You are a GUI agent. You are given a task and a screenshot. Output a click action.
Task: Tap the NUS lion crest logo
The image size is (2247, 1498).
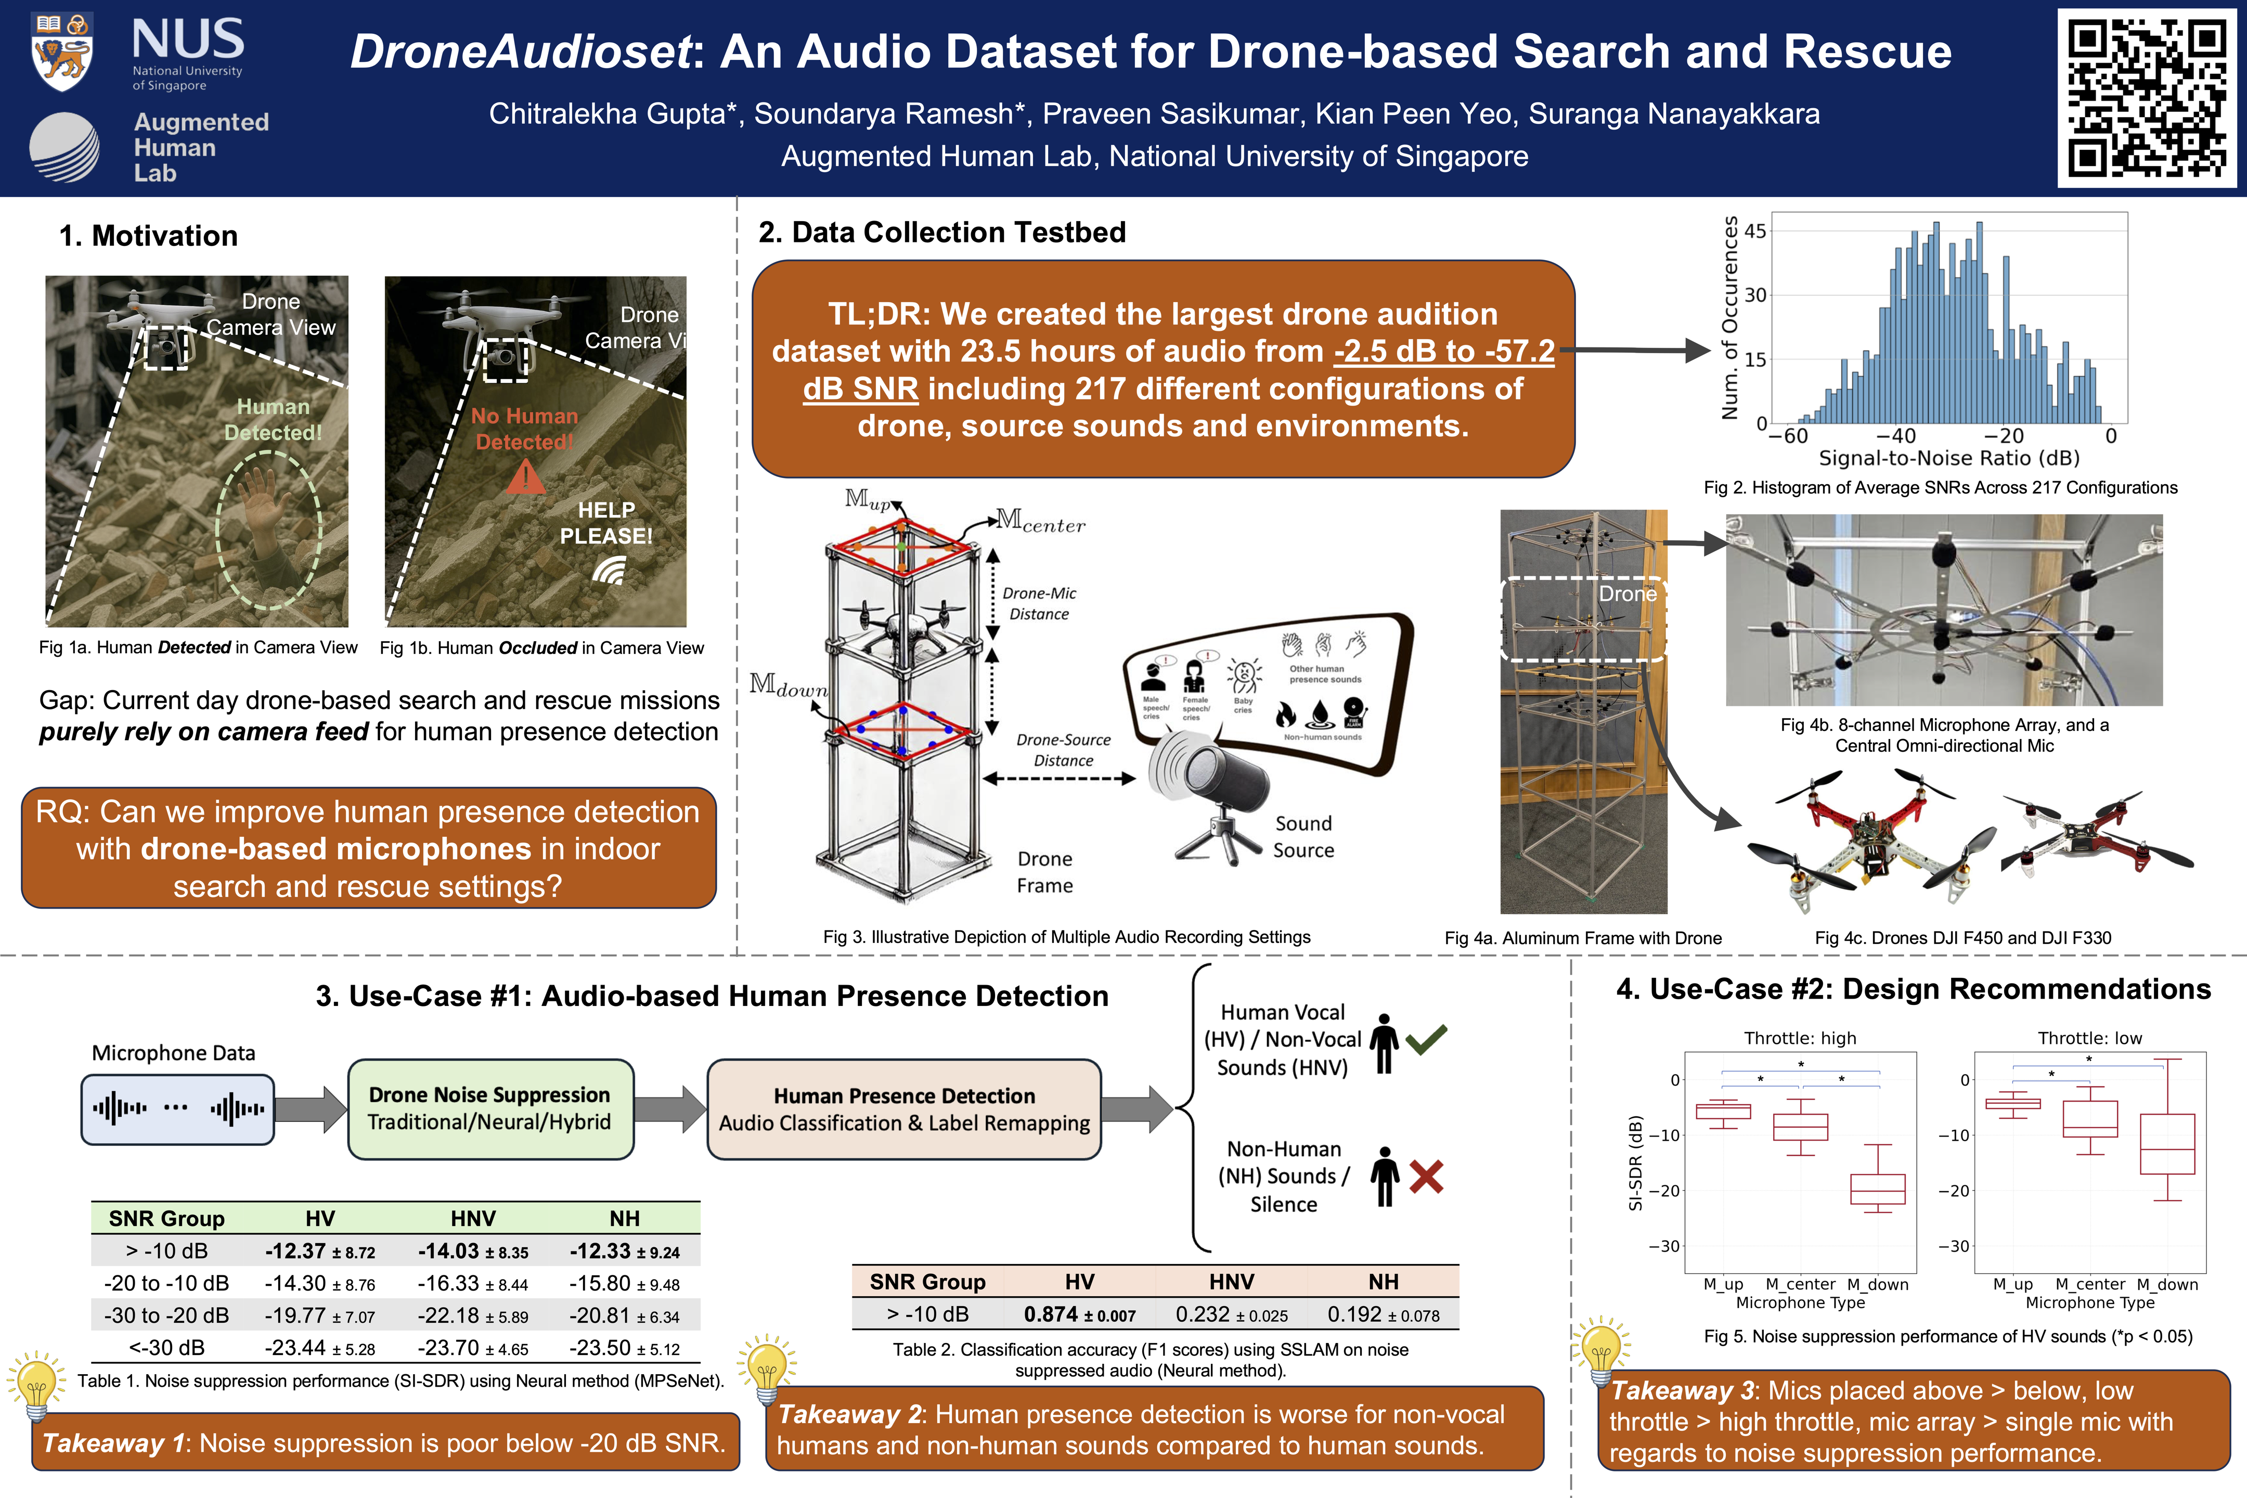pos(61,53)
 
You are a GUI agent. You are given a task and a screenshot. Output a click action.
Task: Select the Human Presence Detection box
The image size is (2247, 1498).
pos(904,1109)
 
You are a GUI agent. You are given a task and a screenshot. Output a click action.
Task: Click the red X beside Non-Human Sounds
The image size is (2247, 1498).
pos(1425,1177)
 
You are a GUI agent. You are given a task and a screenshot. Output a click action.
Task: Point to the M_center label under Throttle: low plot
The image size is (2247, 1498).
pos(2089,1285)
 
